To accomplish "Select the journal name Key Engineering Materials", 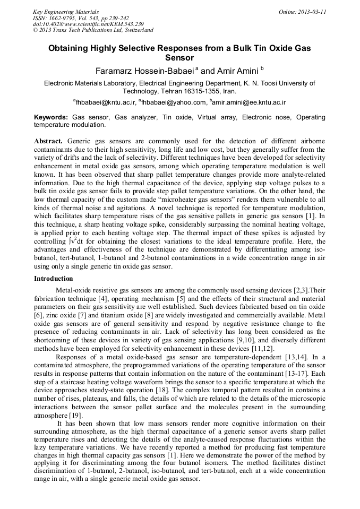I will click(66, 11).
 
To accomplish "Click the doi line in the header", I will click(88, 24).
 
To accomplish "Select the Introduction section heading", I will click(53, 279).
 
